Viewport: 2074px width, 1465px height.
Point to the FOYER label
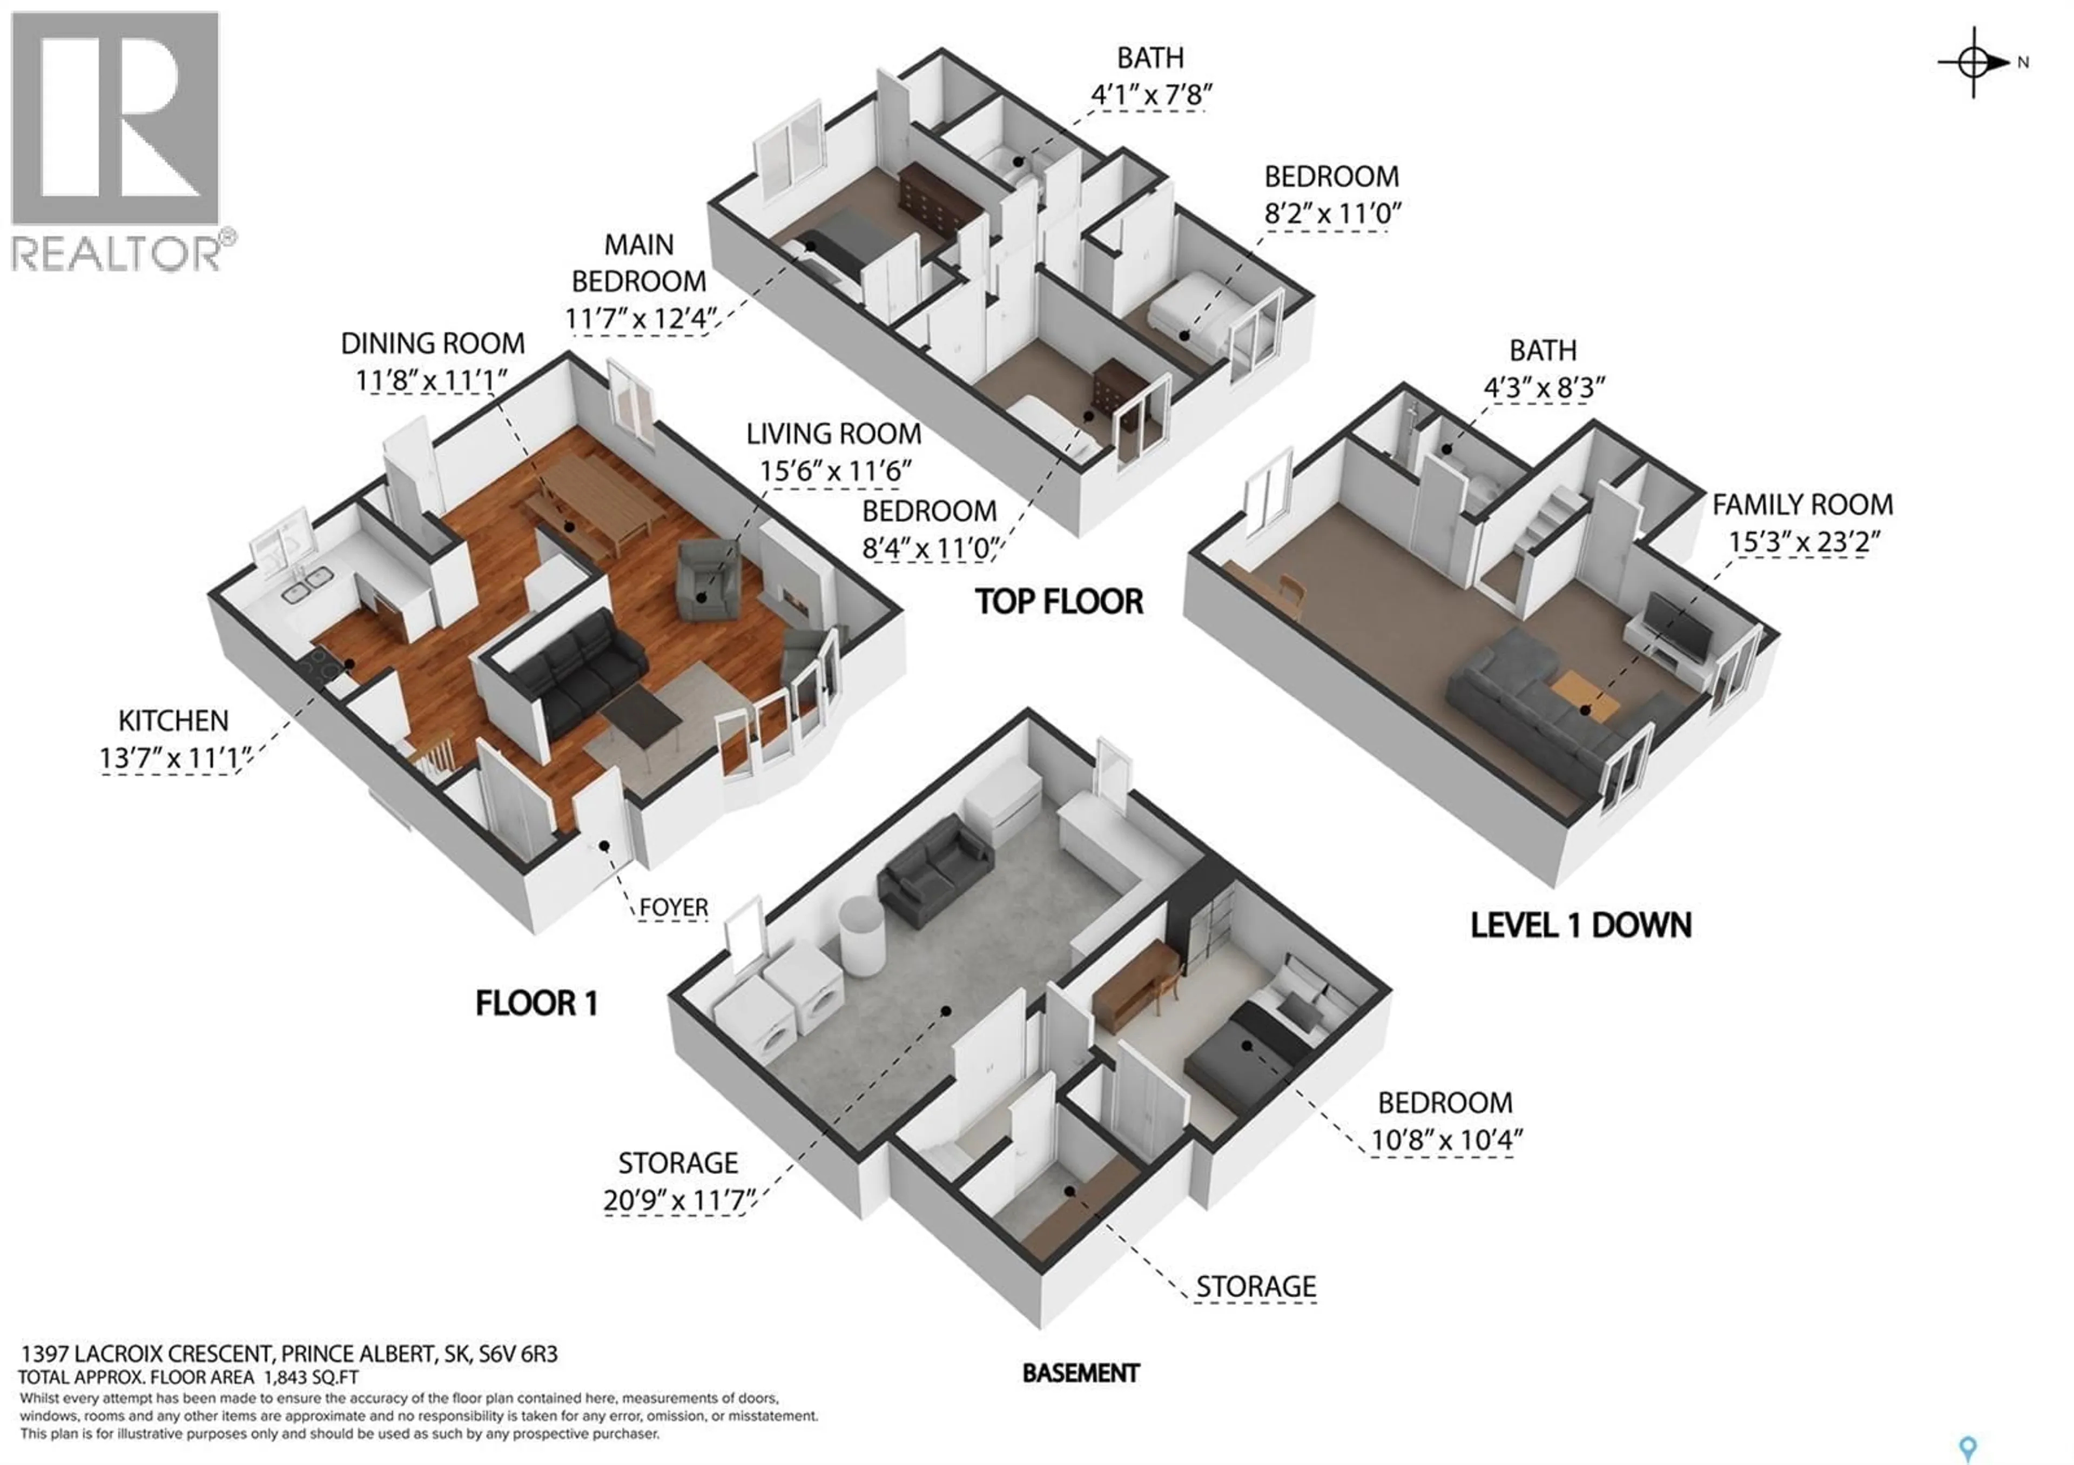coord(673,907)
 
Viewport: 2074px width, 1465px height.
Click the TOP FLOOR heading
coord(1059,602)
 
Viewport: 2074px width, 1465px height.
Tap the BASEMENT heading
coord(1080,1373)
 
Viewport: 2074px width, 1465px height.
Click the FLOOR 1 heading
coord(536,1003)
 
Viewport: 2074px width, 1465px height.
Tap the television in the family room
coord(1678,624)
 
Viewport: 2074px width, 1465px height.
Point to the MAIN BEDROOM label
coord(638,263)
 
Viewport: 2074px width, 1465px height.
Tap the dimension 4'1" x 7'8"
coord(1151,94)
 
